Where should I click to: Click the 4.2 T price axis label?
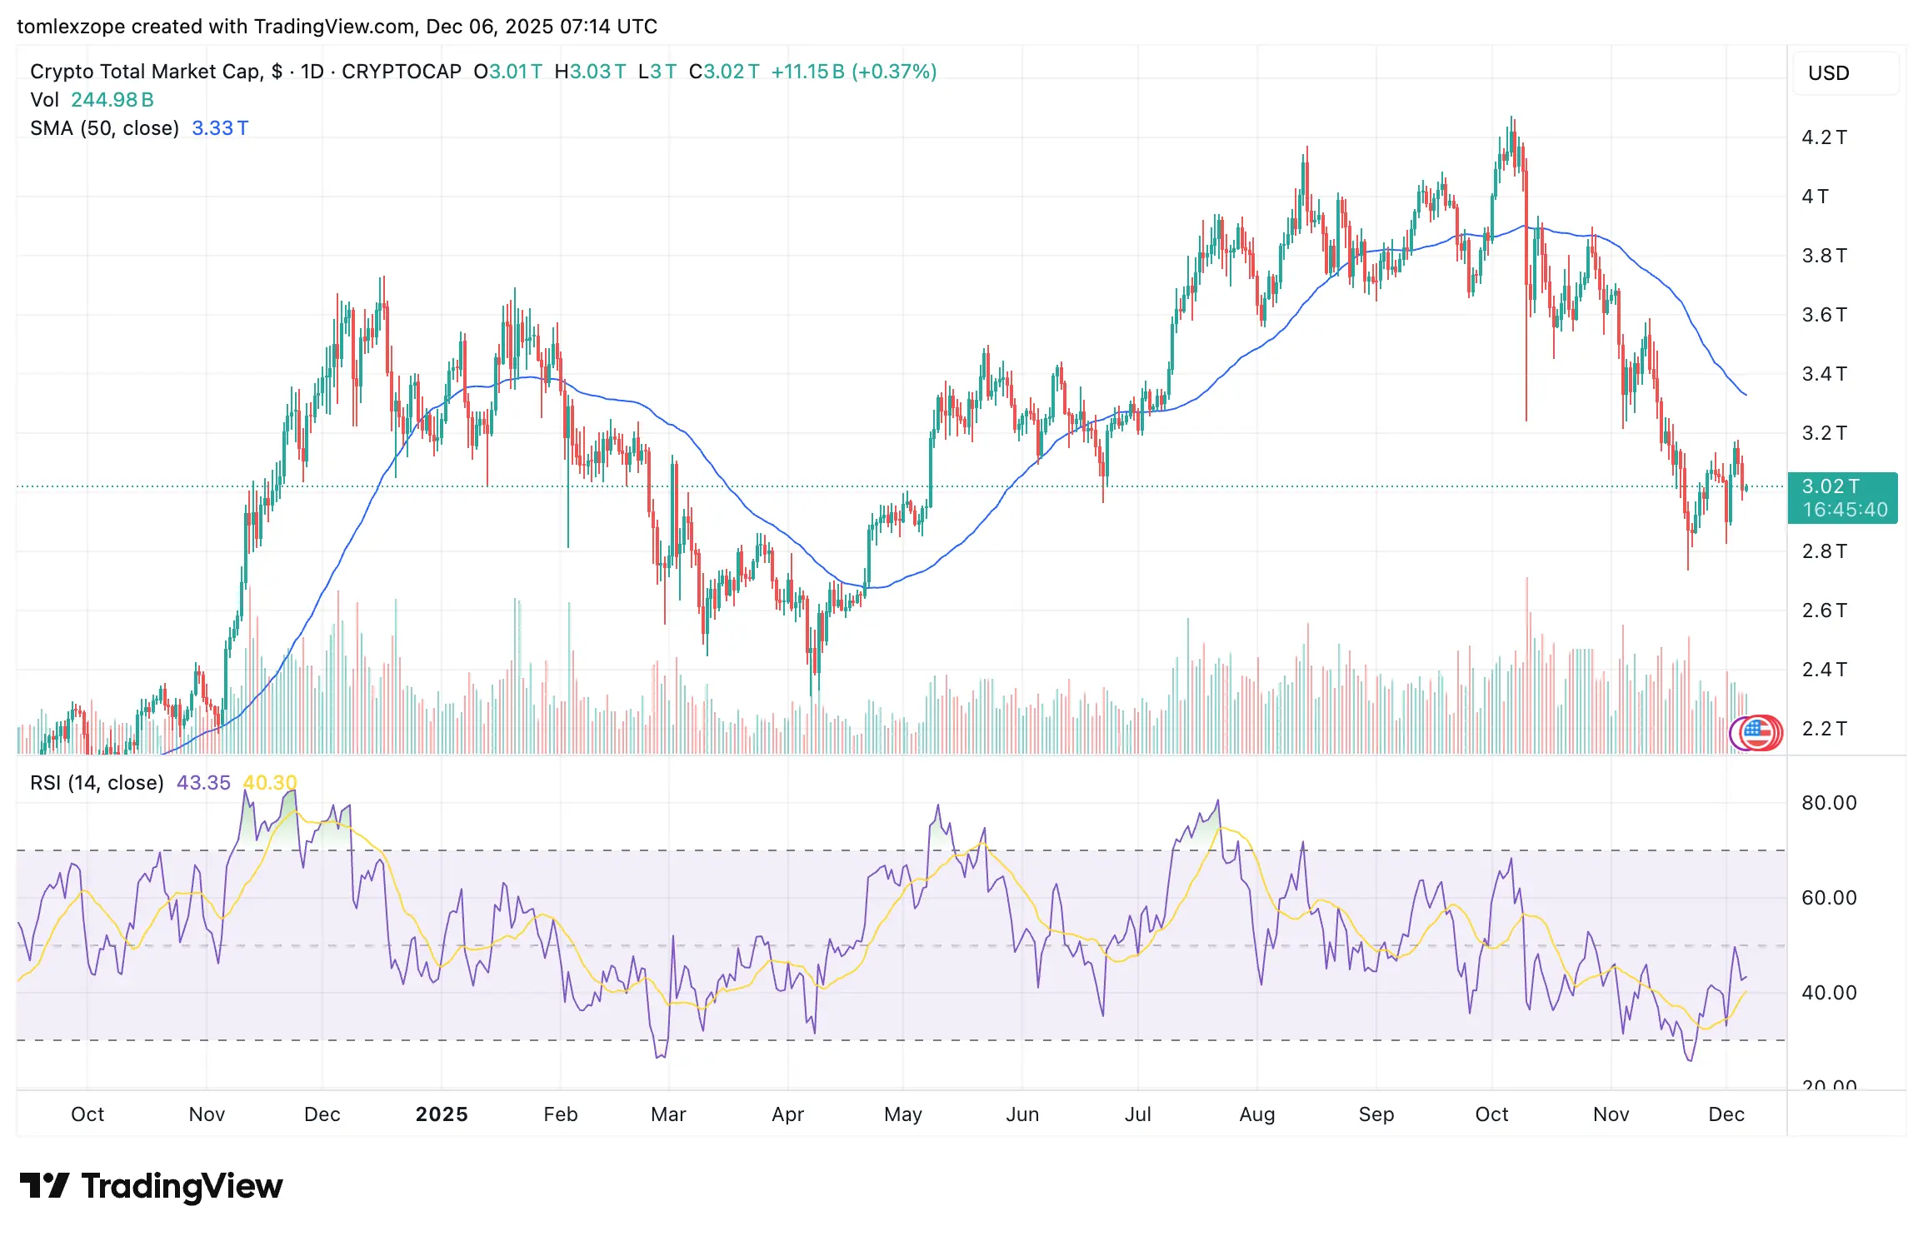(1824, 137)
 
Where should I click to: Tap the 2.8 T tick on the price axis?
(1824, 551)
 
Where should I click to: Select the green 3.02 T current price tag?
(1842, 497)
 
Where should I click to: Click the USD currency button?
(1829, 73)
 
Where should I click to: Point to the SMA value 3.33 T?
(220, 128)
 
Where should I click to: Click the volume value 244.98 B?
(112, 100)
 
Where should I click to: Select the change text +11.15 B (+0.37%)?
(853, 72)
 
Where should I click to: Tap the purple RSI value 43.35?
(203, 783)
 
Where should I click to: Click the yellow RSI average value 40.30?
(269, 783)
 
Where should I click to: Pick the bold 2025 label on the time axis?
(442, 1114)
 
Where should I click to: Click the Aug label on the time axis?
(1257, 1114)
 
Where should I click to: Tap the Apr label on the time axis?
(787, 1114)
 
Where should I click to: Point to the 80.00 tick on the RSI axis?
(1829, 803)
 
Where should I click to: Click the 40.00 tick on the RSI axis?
(1829, 993)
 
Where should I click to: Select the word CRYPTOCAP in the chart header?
(402, 72)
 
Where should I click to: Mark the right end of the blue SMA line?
(1746, 395)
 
